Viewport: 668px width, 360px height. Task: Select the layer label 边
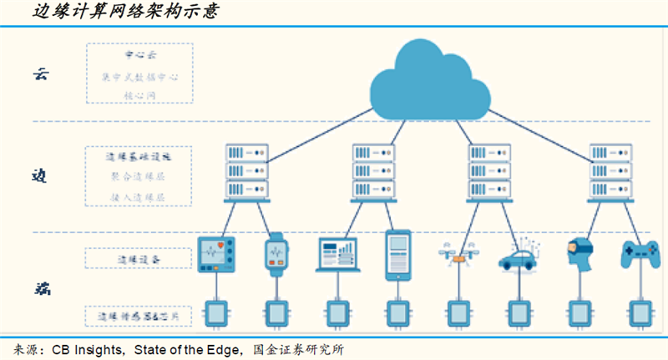pyautogui.click(x=41, y=176)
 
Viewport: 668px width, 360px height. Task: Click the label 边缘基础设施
pyautogui.click(x=139, y=156)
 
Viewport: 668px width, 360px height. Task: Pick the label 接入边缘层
pyautogui.click(x=139, y=197)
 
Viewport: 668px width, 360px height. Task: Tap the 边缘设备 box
pyautogui.click(x=139, y=260)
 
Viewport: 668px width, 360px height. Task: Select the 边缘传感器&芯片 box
pyautogui.click(x=139, y=317)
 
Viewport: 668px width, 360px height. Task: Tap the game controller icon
pyautogui.click(x=640, y=254)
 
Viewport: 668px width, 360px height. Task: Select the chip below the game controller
pyautogui.click(x=640, y=312)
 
